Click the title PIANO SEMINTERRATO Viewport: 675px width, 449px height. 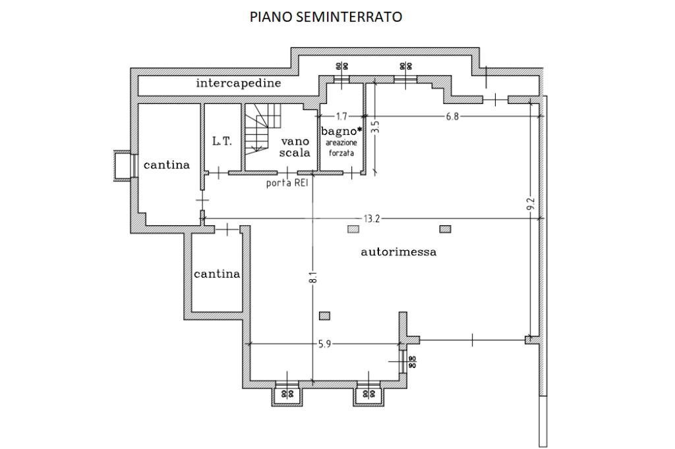coord(326,16)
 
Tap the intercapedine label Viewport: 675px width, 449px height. coord(239,83)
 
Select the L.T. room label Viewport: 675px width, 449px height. coord(222,141)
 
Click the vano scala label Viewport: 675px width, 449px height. coord(295,147)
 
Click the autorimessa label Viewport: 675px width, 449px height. coord(398,251)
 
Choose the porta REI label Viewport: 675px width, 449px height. coord(287,183)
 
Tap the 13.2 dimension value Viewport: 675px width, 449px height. coord(372,219)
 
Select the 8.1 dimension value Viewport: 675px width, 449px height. coord(314,277)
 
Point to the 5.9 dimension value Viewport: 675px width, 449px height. coord(324,344)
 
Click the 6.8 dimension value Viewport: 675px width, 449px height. coord(452,116)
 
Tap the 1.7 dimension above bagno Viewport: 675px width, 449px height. coord(341,116)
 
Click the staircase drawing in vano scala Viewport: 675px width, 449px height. coord(263,128)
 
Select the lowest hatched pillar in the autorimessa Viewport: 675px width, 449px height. coord(324,316)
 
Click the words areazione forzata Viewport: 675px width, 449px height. coord(339,147)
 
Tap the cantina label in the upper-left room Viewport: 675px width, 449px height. coord(167,165)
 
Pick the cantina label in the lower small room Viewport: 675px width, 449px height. coord(216,274)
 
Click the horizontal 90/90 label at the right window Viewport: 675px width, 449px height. coord(412,362)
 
